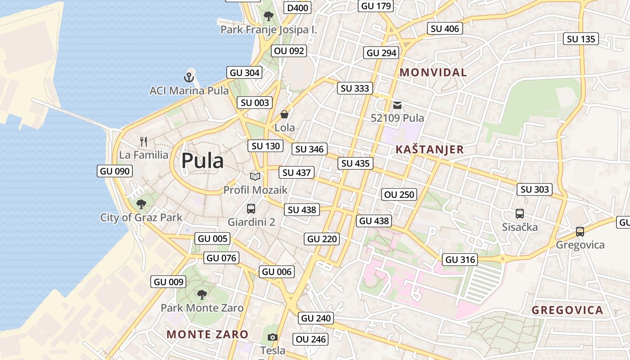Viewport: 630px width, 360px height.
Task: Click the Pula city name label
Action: coord(202,161)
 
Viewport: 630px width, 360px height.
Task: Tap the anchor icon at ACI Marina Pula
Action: coord(189,77)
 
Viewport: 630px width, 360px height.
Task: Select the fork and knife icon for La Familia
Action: coord(144,142)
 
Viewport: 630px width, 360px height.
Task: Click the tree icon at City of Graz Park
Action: coord(141,204)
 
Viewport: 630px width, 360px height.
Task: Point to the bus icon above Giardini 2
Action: coord(251,209)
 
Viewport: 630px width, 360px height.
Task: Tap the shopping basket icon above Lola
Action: coord(284,114)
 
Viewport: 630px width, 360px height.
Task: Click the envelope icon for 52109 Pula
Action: coord(397,105)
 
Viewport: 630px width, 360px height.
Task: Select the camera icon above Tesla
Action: coord(272,337)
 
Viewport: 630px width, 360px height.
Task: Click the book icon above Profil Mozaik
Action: coord(255,176)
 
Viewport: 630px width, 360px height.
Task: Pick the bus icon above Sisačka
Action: coord(520,213)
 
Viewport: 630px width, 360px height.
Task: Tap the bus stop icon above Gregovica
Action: coord(580,232)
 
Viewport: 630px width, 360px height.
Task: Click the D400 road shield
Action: coord(297,8)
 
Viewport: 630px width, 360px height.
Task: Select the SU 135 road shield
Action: coord(581,39)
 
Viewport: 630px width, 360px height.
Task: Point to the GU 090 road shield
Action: coord(115,171)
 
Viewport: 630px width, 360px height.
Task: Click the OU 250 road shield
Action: coord(399,195)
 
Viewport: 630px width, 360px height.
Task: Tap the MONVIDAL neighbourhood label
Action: coord(433,72)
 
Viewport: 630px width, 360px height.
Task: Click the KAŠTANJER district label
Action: coord(429,150)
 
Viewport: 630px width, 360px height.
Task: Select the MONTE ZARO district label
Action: coord(207,334)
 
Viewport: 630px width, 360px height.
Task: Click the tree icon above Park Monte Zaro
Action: coord(202,295)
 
